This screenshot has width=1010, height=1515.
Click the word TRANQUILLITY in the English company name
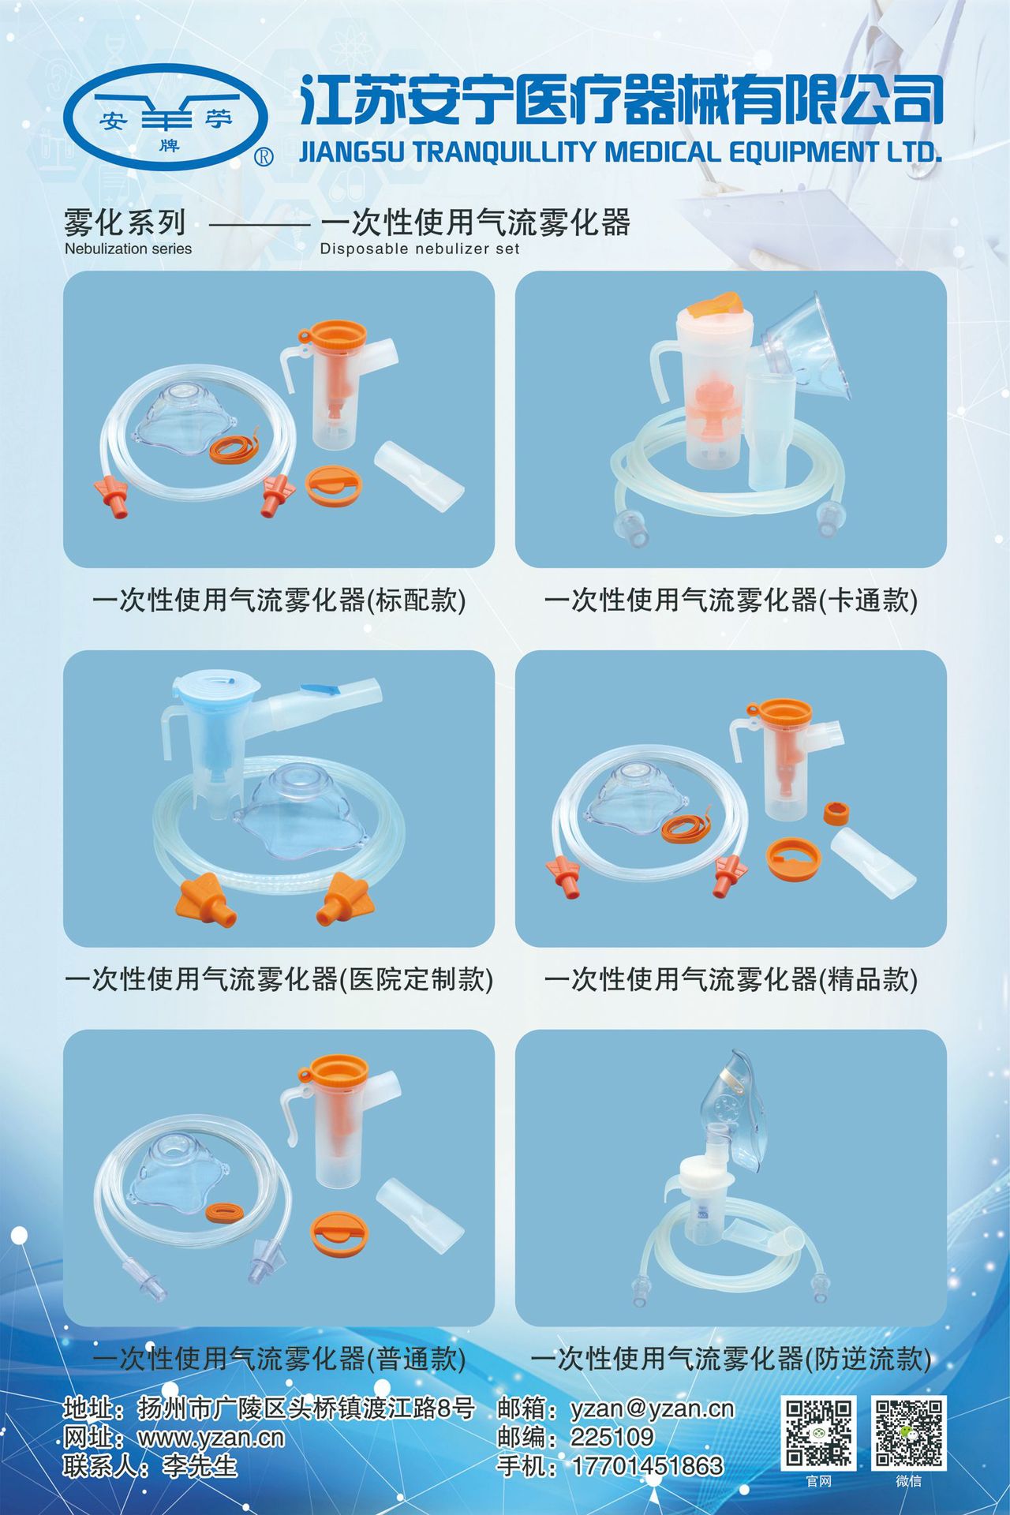coord(505,151)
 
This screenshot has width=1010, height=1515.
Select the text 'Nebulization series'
coord(128,249)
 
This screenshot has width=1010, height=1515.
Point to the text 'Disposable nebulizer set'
coord(420,249)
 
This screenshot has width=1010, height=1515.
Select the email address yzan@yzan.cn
coord(652,1408)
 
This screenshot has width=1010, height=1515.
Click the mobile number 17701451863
coord(647,1466)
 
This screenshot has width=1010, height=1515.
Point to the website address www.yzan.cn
coord(211,1438)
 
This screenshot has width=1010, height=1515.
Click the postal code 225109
coord(612,1437)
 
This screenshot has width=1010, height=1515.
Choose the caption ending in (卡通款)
coord(731,600)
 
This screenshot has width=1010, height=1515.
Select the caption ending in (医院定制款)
coord(279,979)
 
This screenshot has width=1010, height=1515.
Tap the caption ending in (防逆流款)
coord(731,1358)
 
